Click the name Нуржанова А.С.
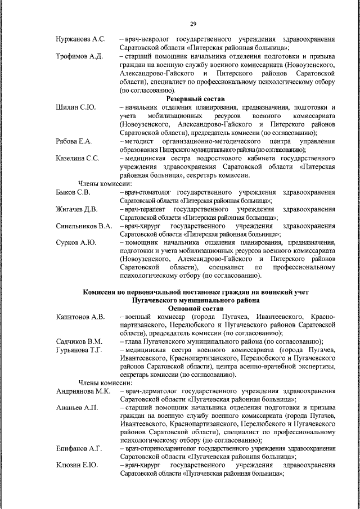point(81,40)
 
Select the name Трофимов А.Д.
point(79,57)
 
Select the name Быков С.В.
point(73,192)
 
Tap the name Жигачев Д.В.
point(77,209)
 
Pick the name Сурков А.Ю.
point(76,243)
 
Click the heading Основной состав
point(196,309)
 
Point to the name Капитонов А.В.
point(80,317)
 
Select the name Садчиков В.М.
point(79,342)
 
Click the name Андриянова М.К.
point(83,390)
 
